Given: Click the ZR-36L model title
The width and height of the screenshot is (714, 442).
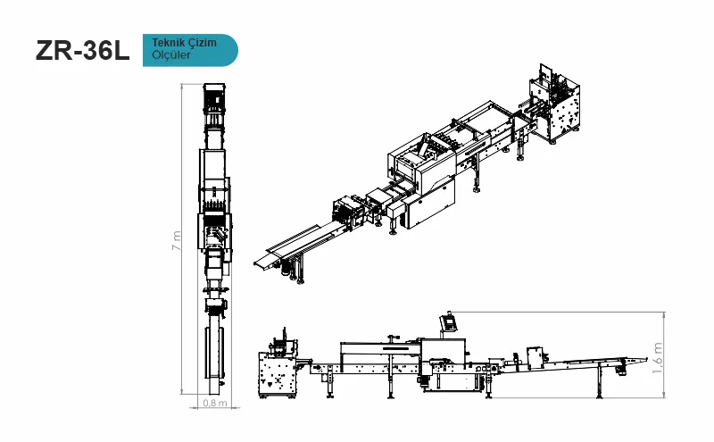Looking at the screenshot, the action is pyautogui.click(x=82, y=51).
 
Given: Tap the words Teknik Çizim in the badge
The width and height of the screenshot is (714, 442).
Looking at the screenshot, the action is pyautogui.click(x=184, y=42).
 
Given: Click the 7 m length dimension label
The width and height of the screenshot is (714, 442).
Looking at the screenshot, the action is pyautogui.click(x=176, y=240).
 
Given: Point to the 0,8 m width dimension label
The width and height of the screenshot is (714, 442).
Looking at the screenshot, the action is pyautogui.click(x=215, y=403).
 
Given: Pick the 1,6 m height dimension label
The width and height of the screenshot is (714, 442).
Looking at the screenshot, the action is pyautogui.click(x=657, y=358).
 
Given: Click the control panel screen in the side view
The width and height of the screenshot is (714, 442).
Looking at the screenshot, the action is pyautogui.click(x=450, y=323).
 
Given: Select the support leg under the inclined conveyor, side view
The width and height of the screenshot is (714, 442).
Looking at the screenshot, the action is pyautogui.click(x=600, y=382).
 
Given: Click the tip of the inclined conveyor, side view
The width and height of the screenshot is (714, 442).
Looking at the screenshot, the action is pyautogui.click(x=646, y=359).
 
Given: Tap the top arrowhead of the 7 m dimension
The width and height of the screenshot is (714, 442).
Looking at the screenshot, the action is pyautogui.click(x=182, y=87).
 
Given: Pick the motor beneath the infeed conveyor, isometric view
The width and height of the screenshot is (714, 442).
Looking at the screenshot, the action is pyautogui.click(x=286, y=270).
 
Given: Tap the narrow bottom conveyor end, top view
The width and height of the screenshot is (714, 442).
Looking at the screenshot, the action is pyautogui.click(x=214, y=388).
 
